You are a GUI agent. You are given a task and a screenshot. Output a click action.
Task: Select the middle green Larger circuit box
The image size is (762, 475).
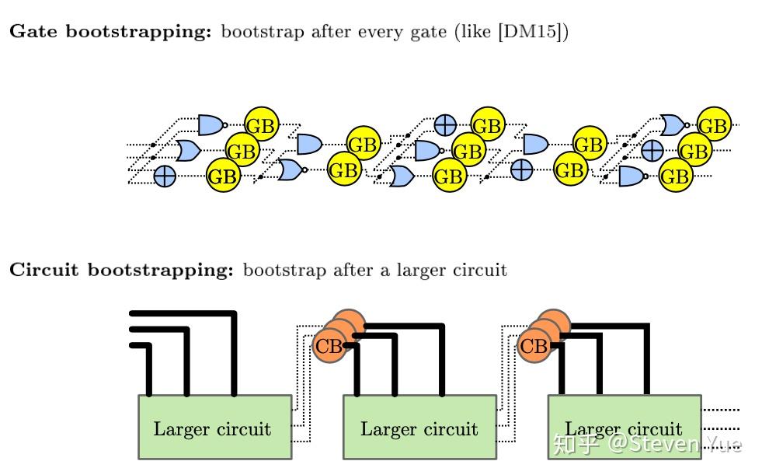tap(419, 427)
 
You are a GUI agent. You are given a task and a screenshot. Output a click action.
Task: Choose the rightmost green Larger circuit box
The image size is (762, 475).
tap(624, 427)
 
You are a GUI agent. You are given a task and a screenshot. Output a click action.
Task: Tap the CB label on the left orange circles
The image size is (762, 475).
tap(329, 346)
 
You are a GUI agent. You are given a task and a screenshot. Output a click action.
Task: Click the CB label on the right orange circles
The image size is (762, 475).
tap(534, 346)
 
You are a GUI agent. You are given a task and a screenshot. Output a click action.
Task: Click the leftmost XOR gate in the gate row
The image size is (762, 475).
tap(165, 176)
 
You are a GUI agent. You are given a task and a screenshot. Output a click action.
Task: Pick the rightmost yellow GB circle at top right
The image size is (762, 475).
tap(713, 125)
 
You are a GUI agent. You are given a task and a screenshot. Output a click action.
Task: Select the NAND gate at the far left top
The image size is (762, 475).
tap(211, 124)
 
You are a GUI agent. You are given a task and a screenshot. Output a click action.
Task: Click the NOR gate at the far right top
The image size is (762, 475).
tap(673, 124)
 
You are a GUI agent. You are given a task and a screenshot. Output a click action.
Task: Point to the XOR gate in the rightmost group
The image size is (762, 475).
tap(652, 150)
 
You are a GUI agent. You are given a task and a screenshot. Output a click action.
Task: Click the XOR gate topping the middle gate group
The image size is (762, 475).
tap(445, 124)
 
